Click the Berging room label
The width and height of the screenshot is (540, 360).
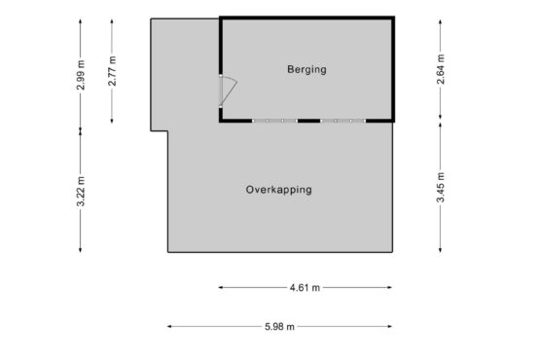pos(306,70)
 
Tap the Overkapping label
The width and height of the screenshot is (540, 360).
pos(279,190)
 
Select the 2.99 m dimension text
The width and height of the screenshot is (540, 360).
pos(81,75)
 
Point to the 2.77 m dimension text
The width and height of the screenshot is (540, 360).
pos(112,71)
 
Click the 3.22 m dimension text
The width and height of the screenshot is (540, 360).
pos(81,192)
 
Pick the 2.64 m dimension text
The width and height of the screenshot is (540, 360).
pos(441,69)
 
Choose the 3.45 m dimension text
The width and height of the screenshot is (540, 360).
pos(441,188)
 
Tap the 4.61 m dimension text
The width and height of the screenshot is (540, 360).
pos(305,287)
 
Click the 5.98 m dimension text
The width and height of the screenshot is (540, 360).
pos(279,327)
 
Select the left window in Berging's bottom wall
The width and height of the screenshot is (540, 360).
pos(274,121)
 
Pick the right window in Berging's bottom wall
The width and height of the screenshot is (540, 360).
pos(343,121)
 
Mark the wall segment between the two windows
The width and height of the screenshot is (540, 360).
pos(308,121)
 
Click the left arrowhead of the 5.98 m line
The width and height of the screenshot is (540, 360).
pos(168,326)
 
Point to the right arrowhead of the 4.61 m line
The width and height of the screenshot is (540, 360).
pos(390,287)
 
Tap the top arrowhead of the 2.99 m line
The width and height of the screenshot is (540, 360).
pos(81,21)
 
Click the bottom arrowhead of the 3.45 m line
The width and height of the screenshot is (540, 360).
pos(440,250)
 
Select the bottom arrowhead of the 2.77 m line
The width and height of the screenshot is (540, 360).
pos(112,121)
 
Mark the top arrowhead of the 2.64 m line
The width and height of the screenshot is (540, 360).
pos(440,22)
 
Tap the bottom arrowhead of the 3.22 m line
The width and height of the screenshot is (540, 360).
pos(81,250)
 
